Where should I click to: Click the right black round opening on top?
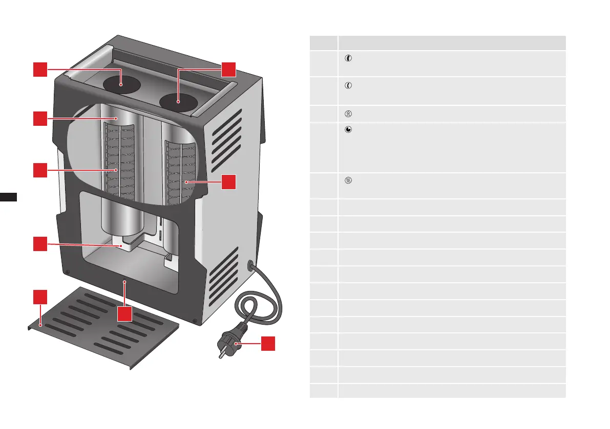point(178,102)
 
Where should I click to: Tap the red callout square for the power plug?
point(268,344)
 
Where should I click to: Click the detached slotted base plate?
point(102,327)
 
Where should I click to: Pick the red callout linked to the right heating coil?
point(229,181)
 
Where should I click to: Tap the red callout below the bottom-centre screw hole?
point(124,313)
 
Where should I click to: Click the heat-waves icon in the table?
point(348,180)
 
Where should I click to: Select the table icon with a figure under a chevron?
point(348,114)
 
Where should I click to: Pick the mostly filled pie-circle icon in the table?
point(348,130)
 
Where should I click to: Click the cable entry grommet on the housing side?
point(251,265)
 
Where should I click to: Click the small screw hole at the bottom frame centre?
point(124,281)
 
